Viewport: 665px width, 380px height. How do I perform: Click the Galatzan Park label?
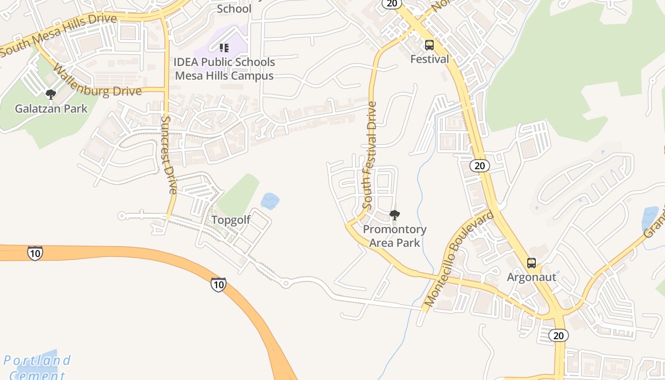[x=51, y=109]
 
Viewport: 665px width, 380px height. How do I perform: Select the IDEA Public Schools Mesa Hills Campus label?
[x=224, y=69]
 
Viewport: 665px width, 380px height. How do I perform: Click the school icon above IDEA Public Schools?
[x=224, y=47]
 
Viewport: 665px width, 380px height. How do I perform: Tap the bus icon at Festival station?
[x=429, y=46]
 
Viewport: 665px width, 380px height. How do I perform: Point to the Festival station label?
[x=429, y=59]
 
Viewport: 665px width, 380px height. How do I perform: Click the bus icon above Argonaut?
[x=531, y=263]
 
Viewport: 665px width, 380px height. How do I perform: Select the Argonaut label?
[x=531, y=277]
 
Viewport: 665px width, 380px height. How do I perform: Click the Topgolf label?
[x=230, y=220]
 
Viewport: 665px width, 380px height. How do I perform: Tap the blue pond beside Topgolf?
[x=270, y=201]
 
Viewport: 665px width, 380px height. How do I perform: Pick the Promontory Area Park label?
[x=395, y=236]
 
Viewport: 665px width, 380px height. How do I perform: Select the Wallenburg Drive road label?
[x=97, y=81]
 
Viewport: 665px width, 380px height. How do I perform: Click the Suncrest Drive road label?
[x=169, y=155]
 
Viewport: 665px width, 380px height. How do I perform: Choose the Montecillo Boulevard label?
[x=459, y=259]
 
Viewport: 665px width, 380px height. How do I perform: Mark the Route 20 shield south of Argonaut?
[x=559, y=335]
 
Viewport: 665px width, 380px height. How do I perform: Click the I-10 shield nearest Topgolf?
[x=218, y=285]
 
